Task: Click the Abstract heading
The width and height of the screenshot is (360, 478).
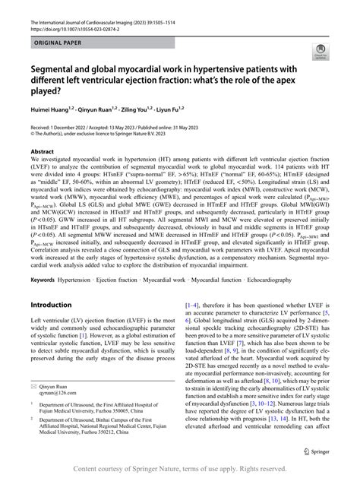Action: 42,152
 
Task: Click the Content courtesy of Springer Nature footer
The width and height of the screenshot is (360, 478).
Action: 180,469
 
